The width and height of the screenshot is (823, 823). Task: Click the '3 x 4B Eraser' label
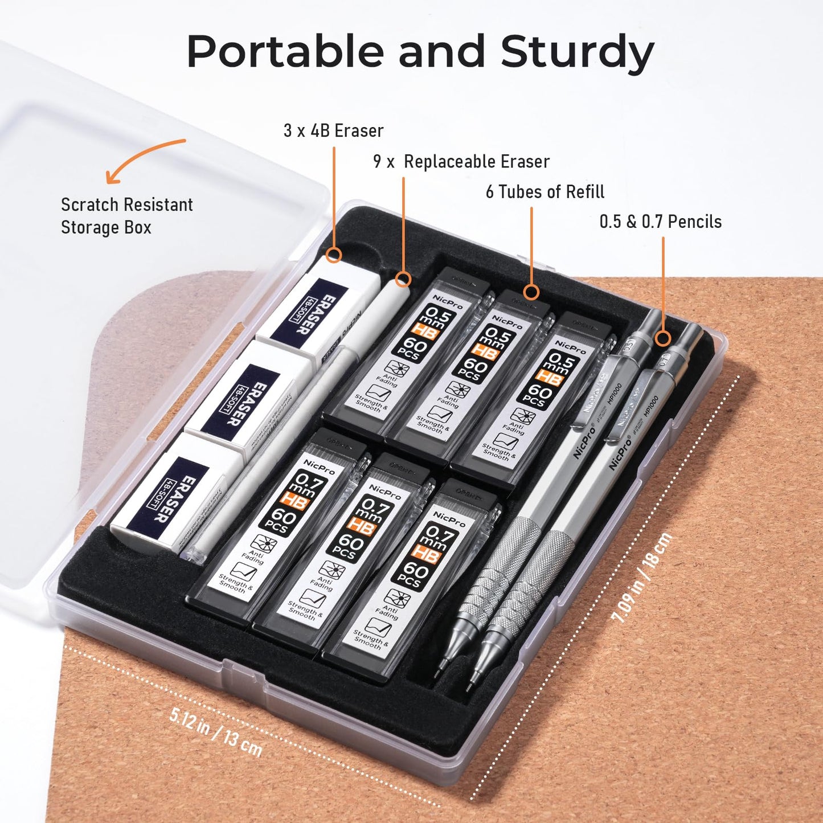[333, 131]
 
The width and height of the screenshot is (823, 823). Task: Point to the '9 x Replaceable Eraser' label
[461, 162]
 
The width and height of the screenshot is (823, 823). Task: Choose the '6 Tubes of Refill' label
[544, 192]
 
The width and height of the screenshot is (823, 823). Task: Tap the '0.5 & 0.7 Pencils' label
[660, 222]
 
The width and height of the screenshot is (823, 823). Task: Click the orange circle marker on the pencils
[662, 338]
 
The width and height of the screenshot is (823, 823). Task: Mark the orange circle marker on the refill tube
[531, 292]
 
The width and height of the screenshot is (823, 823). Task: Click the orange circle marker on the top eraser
[334, 255]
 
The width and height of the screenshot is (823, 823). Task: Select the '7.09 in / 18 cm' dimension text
[641, 579]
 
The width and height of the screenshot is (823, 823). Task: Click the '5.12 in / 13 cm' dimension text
[216, 731]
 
